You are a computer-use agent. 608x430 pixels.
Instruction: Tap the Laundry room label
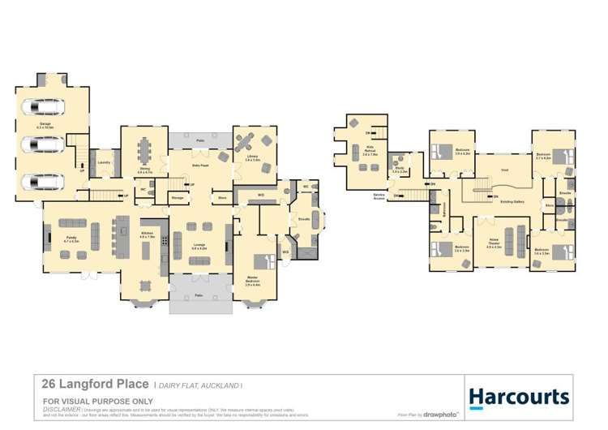click(104, 161)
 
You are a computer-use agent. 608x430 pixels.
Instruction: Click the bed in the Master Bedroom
click(263, 262)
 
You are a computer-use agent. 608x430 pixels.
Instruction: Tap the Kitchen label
click(148, 234)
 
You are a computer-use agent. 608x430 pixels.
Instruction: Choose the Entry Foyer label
click(201, 165)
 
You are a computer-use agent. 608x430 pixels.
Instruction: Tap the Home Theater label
click(494, 241)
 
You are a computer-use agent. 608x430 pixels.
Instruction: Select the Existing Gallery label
click(511, 200)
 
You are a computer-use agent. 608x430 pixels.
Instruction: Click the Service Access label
click(379, 196)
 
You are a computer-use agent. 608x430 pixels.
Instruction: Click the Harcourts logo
click(519, 397)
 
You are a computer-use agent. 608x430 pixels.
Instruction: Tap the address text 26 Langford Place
click(95, 383)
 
